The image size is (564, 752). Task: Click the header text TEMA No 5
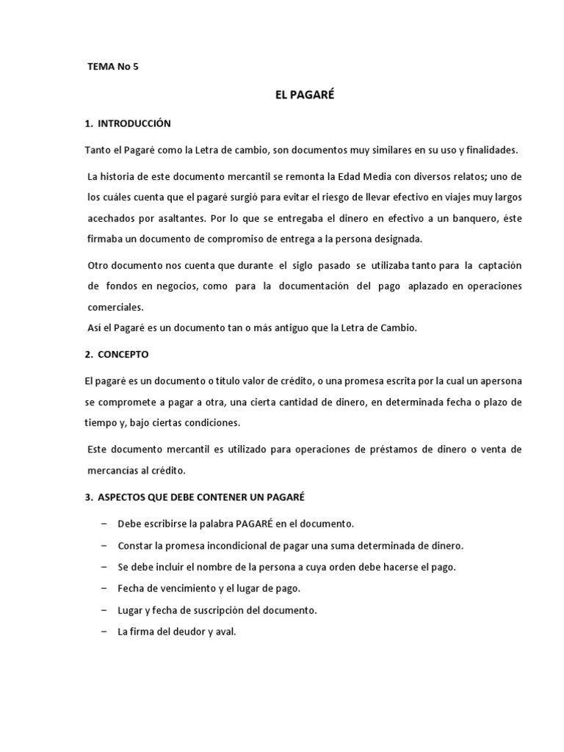[x=112, y=67]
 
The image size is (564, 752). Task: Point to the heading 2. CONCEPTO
[x=117, y=354]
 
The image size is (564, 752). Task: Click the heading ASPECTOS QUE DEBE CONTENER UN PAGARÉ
[x=199, y=497]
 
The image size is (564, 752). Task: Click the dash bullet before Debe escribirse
[x=101, y=524]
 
